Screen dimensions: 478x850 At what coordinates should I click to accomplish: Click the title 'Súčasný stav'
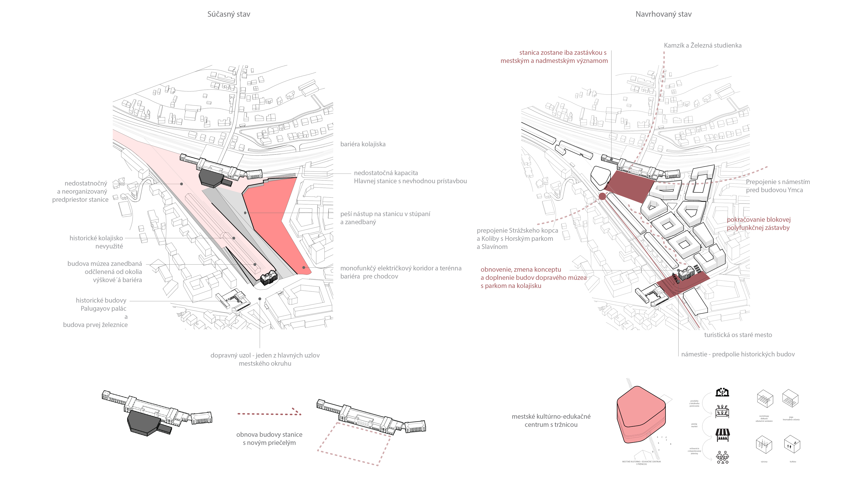[x=229, y=14]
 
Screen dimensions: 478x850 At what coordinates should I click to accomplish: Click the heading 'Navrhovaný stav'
[x=663, y=14]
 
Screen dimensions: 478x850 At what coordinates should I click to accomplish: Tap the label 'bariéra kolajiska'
[x=363, y=144]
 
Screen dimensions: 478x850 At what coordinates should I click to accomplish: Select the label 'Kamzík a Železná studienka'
[x=703, y=46]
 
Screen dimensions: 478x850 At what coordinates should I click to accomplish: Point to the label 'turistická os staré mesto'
[x=738, y=335]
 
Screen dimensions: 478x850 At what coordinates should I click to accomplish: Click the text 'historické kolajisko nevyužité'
[x=96, y=242]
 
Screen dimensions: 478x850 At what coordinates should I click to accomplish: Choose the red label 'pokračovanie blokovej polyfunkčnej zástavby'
[x=758, y=224]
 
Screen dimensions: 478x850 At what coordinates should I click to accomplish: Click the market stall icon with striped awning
[x=722, y=435]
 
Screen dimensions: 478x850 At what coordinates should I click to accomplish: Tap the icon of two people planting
[x=722, y=392]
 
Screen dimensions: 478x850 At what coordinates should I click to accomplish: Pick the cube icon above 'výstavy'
[x=764, y=444]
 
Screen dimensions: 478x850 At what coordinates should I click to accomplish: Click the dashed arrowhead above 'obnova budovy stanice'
[x=297, y=411]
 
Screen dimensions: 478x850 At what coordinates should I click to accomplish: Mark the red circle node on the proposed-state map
[x=602, y=197]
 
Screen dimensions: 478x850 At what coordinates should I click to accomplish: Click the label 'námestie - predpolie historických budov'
[x=738, y=354]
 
